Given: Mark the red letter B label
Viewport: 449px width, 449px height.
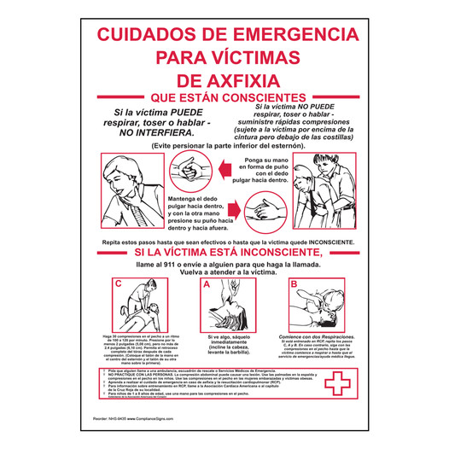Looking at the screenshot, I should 294,283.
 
